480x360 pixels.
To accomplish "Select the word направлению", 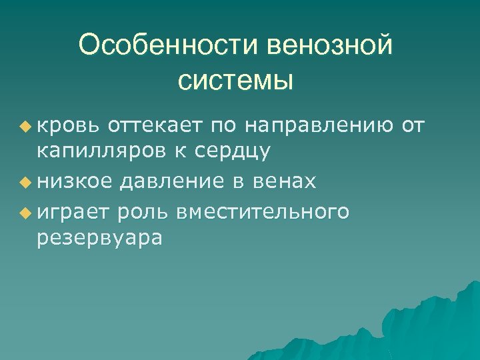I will click(321, 125).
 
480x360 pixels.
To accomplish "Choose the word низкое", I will click(76, 181).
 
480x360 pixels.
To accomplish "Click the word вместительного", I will click(263, 211).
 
